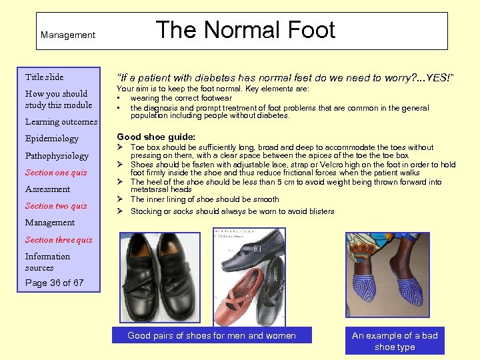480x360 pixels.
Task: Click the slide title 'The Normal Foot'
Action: click(245, 30)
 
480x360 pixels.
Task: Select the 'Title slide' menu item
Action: click(44, 77)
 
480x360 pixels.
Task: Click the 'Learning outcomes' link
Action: click(61, 122)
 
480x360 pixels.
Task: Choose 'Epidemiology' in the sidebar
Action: click(51, 139)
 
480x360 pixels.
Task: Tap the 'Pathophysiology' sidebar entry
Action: click(57, 156)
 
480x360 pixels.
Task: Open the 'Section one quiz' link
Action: click(56, 173)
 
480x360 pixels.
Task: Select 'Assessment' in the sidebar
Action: click(47, 189)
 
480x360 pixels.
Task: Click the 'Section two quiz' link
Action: click(56, 206)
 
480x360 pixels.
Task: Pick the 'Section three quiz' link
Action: click(59, 240)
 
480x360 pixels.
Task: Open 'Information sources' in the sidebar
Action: click(47, 262)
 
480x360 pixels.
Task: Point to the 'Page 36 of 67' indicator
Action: click(54, 283)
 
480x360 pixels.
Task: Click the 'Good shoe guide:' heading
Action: click(156, 137)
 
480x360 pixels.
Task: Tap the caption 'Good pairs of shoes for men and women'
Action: click(211, 335)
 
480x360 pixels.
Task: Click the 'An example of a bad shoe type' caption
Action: click(395, 341)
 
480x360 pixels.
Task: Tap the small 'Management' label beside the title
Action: click(67, 35)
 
